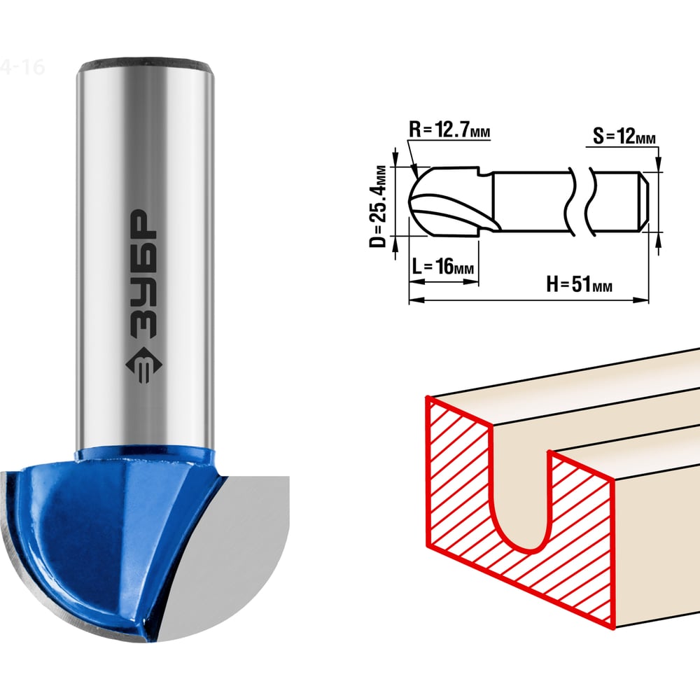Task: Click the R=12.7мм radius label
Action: pos(449,130)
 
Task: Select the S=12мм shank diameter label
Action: pos(624,136)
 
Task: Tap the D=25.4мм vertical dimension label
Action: pos(378,206)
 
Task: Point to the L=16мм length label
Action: pos(442,267)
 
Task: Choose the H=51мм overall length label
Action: pos(579,284)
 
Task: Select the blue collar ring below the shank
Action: pos(145,456)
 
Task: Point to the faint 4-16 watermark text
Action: pos(22,67)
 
